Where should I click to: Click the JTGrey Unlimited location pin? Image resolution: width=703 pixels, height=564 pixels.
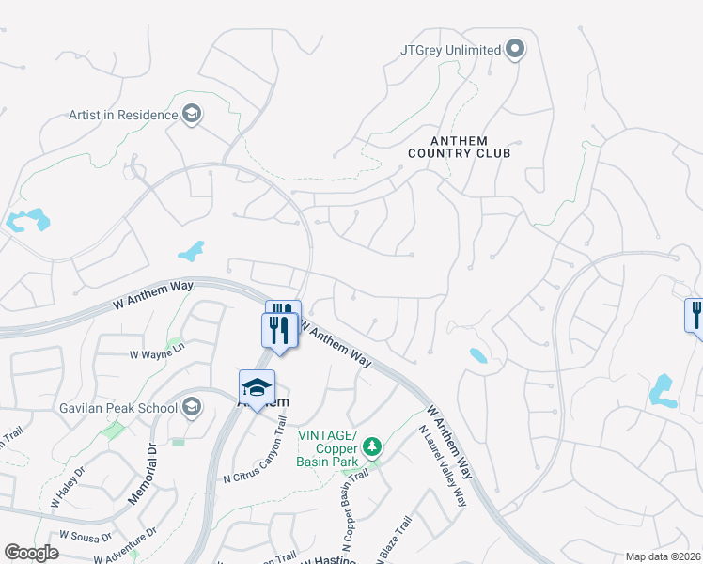tap(514, 49)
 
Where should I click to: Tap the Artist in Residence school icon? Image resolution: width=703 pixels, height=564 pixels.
tap(192, 115)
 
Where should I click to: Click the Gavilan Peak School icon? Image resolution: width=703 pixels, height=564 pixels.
tap(192, 407)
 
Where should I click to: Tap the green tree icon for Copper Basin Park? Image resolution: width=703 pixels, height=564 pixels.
tap(373, 445)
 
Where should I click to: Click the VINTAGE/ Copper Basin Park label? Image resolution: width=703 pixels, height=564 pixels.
tap(328, 444)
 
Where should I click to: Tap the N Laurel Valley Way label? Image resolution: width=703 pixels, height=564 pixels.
tap(442, 466)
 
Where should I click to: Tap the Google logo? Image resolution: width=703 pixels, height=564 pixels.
tap(32, 553)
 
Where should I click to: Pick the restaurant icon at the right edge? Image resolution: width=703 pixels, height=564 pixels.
tap(696, 314)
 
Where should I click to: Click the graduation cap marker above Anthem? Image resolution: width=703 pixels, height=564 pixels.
tap(256, 387)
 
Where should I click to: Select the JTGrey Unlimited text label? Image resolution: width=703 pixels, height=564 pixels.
tap(450, 49)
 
